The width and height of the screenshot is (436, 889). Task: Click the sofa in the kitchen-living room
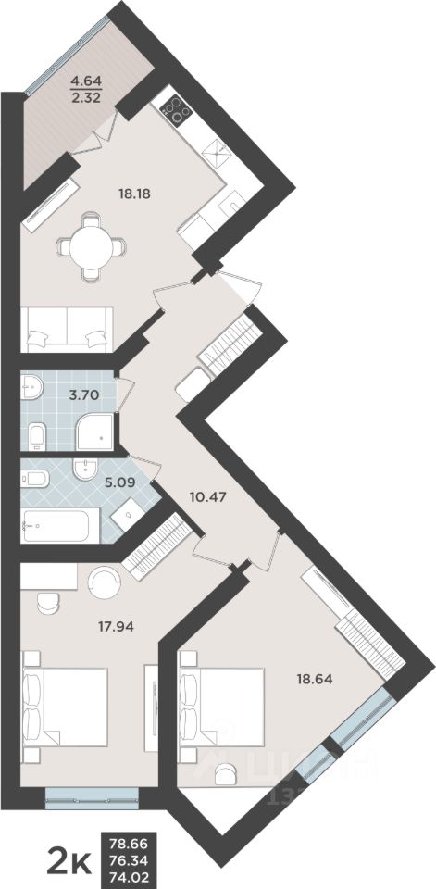point(69,328)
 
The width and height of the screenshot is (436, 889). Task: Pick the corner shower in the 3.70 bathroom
point(96,427)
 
